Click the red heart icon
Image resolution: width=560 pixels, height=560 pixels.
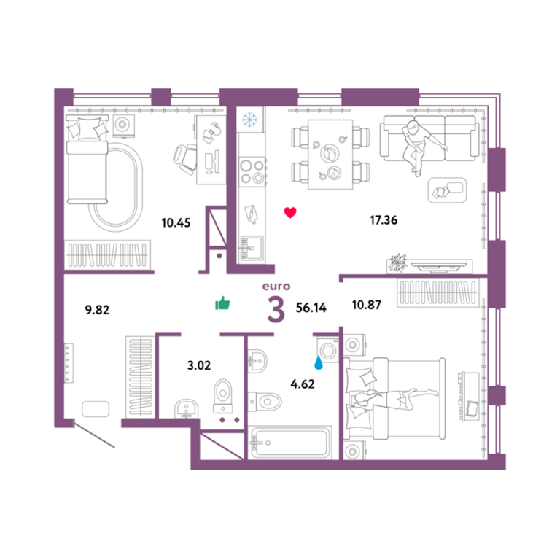(x=290, y=212)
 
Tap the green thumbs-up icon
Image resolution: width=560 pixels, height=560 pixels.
(x=222, y=303)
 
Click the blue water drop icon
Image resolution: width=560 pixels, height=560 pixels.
(x=318, y=362)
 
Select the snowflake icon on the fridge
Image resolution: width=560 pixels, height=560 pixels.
(x=249, y=120)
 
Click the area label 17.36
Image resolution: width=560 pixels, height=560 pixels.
(x=384, y=220)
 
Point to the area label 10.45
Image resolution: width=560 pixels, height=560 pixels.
(x=176, y=223)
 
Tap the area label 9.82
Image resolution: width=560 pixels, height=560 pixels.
(x=97, y=310)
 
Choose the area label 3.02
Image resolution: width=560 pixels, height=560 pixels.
(x=199, y=365)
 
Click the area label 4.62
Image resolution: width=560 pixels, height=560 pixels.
(x=303, y=384)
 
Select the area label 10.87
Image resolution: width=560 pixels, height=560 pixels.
(x=367, y=305)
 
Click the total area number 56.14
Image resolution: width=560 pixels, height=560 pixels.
(x=311, y=308)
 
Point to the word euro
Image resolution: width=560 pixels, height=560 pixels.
(x=276, y=287)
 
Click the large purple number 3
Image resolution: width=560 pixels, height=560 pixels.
(x=276, y=309)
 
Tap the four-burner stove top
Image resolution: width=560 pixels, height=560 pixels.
(x=252, y=171)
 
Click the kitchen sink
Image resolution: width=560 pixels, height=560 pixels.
(x=252, y=247)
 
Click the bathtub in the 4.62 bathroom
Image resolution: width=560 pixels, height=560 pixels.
(x=290, y=443)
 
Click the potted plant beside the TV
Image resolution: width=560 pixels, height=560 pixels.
(x=397, y=262)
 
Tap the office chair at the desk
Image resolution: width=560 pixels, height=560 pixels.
(x=185, y=158)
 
